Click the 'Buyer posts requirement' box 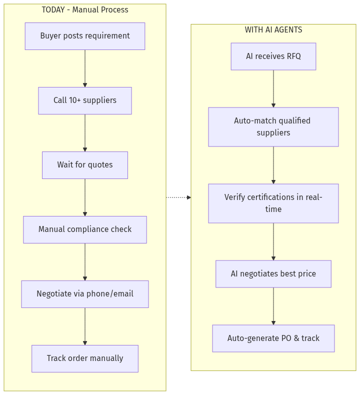tap(85, 36)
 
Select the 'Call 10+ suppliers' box tap(85, 100)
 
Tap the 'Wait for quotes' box tap(85, 165)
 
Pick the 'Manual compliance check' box tap(85, 229)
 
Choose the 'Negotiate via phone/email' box tap(85, 294)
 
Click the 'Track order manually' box tap(85, 358)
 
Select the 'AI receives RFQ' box tap(273, 56)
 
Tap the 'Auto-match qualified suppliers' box tap(273, 127)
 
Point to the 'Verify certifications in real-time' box tap(273, 203)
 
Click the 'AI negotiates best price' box tap(273, 274)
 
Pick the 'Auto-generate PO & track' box tap(273, 338)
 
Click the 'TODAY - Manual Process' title tap(85, 10)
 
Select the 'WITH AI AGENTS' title tap(273, 30)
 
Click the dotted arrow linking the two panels tap(178, 197)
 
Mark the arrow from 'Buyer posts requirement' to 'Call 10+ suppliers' tap(85, 68)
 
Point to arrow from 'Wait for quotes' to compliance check tap(85, 197)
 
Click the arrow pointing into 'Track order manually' tap(85, 326)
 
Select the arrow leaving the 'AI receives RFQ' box tap(273, 88)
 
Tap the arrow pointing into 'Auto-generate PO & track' tap(273, 306)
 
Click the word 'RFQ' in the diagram tap(293, 56)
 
